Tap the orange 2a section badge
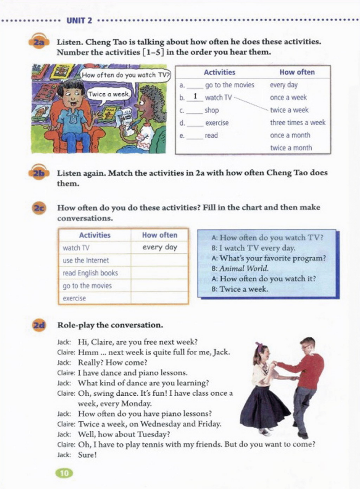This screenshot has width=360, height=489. [x=39, y=43]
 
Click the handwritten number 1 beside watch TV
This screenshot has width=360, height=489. [x=196, y=97]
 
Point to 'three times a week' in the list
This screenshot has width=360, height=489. [x=297, y=123]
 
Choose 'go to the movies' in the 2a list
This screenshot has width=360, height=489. [x=230, y=85]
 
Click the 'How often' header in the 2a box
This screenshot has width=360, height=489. [x=297, y=72]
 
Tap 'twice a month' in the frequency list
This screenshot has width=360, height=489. [x=291, y=148]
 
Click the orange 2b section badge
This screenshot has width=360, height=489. [x=39, y=173]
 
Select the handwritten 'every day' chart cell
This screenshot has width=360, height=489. [x=160, y=248]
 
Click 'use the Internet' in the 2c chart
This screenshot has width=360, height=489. [x=86, y=261]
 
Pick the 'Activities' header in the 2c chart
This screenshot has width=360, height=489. [x=95, y=235]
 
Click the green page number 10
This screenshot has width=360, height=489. [x=64, y=473]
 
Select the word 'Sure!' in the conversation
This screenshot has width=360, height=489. [x=87, y=455]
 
